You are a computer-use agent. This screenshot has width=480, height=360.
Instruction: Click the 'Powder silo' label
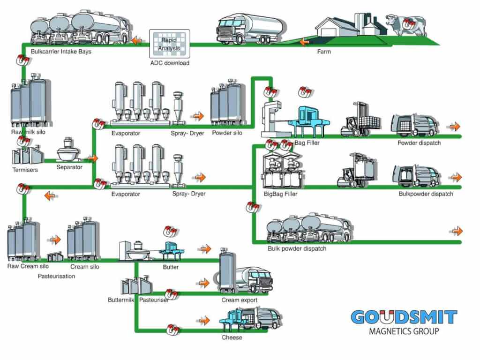tap(227, 133)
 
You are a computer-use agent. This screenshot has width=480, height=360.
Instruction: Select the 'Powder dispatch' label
tap(419, 143)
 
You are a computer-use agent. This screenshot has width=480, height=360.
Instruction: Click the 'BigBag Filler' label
tap(280, 194)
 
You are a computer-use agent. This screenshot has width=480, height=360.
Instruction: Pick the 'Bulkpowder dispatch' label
tap(426, 194)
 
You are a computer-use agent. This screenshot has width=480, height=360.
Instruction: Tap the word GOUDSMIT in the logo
tap(404, 317)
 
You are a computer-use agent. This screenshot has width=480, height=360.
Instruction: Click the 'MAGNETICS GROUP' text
tap(404, 331)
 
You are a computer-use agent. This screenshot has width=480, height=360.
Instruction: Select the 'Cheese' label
tap(232, 337)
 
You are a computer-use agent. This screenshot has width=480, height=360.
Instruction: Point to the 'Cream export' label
tap(240, 300)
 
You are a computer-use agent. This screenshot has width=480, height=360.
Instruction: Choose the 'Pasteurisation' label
tap(56, 276)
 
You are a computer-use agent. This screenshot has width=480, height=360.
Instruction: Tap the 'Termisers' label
tap(25, 170)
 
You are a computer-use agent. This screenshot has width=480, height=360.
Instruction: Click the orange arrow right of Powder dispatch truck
tap(454, 127)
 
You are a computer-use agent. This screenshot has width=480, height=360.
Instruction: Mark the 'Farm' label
tap(323, 52)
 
